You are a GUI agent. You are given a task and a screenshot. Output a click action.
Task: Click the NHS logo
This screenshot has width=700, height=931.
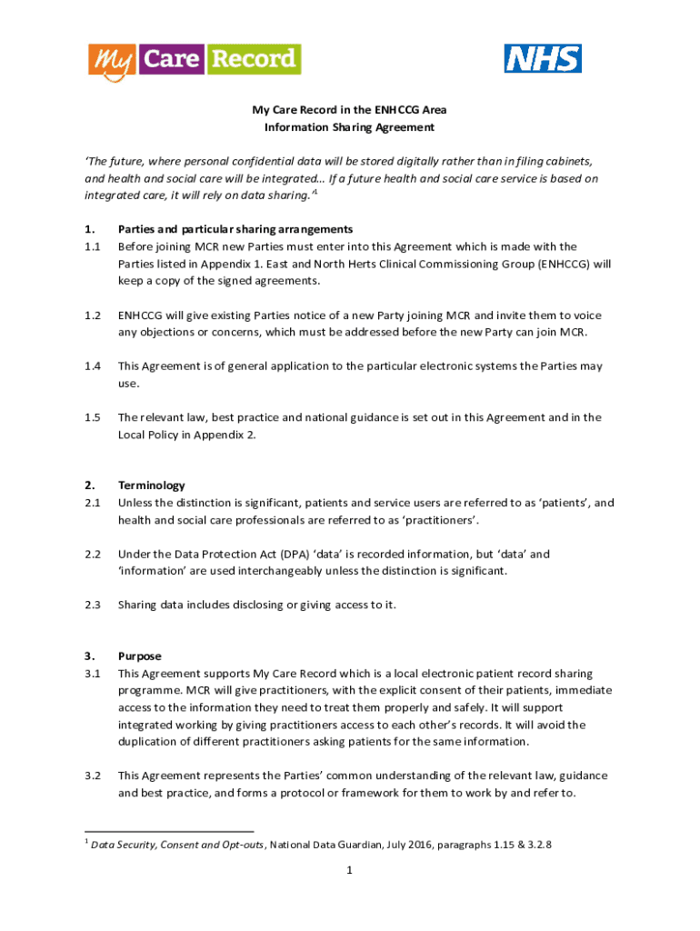pyautogui.click(x=543, y=59)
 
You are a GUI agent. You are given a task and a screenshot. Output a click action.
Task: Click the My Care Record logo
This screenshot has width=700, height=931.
pyautogui.click(x=195, y=61)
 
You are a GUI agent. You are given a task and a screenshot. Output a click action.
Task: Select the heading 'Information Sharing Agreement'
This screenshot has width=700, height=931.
pyautogui.click(x=349, y=127)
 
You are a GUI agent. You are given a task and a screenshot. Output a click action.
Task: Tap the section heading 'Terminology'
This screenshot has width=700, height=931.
pyautogui.click(x=151, y=486)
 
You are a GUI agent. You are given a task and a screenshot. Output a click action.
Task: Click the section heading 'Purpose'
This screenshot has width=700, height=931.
pyautogui.click(x=139, y=656)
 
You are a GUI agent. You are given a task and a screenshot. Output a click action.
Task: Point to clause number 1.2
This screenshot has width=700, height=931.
pyautogui.click(x=92, y=315)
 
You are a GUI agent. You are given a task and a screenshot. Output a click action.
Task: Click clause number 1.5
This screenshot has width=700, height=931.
pyautogui.click(x=92, y=417)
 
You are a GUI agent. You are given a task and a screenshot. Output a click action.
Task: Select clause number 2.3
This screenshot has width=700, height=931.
pyautogui.click(x=92, y=605)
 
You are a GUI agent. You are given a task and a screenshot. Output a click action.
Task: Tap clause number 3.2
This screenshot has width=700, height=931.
pyautogui.click(x=92, y=776)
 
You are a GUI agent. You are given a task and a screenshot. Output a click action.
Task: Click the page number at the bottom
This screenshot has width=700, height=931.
pyautogui.click(x=349, y=870)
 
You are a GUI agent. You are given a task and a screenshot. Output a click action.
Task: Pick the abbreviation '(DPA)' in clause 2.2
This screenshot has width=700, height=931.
pyautogui.click(x=256, y=554)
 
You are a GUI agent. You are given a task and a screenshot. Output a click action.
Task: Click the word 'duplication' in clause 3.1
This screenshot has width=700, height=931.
pyautogui.click(x=151, y=741)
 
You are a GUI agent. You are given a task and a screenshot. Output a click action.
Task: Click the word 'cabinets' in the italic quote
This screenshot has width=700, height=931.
pyautogui.click(x=564, y=162)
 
